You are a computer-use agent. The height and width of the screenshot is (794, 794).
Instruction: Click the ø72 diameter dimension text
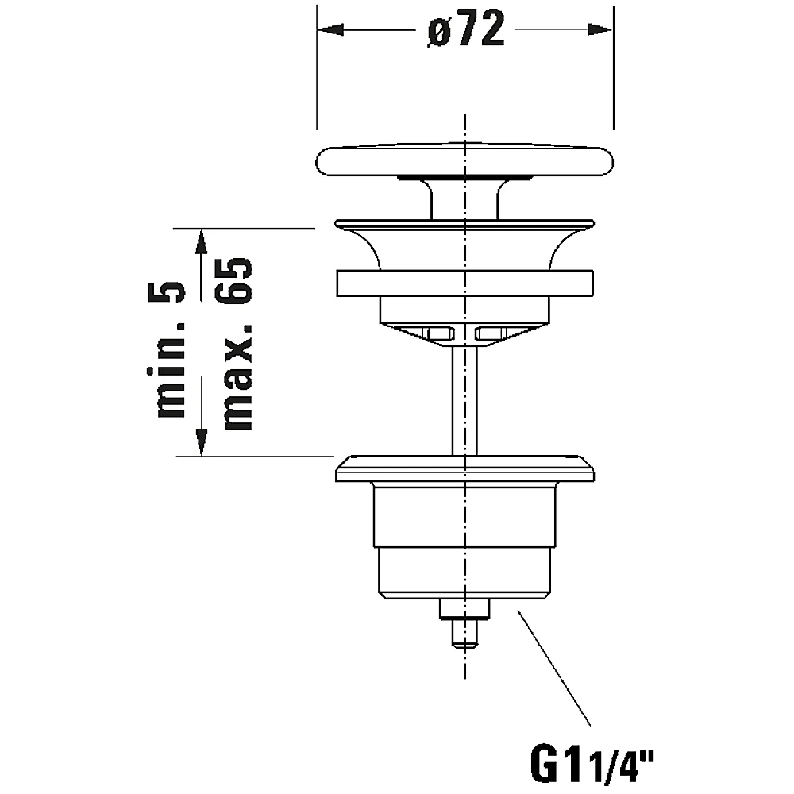(x=466, y=29)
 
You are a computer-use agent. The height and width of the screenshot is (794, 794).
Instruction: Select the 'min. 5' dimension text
(x=166, y=349)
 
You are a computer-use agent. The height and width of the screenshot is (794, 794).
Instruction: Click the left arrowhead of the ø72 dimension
(x=330, y=29)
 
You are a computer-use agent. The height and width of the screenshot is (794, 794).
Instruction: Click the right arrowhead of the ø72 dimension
(x=600, y=29)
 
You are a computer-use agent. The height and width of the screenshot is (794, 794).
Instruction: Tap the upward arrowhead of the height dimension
(x=202, y=241)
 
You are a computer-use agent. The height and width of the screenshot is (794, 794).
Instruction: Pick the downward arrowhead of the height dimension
(x=202, y=442)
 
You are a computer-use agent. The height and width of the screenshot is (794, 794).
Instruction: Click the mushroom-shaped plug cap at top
(x=464, y=160)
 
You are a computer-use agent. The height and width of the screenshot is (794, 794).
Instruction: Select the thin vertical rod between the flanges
(x=464, y=400)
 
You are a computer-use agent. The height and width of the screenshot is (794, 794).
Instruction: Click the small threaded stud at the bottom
(x=464, y=623)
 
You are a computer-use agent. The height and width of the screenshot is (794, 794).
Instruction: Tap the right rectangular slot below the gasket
(x=491, y=333)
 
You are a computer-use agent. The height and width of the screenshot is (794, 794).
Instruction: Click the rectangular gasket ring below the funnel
(x=464, y=283)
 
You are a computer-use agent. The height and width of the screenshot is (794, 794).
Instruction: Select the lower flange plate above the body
(x=464, y=469)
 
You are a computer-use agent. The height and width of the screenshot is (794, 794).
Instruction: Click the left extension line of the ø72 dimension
(x=317, y=67)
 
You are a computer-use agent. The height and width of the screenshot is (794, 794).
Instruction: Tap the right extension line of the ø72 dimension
(x=614, y=67)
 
